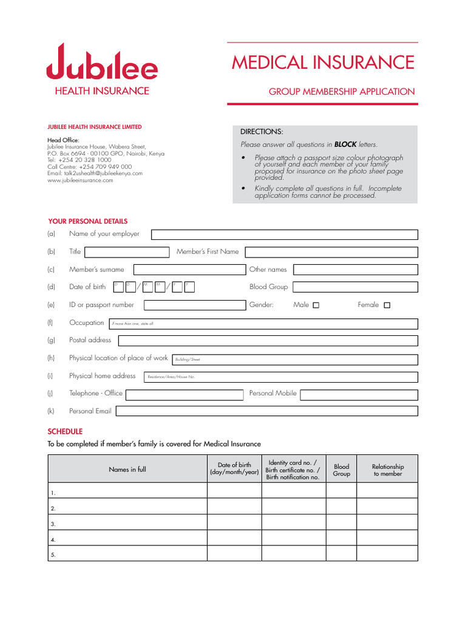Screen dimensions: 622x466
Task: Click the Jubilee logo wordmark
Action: click(102, 63)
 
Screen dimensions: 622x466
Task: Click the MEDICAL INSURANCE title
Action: click(323, 63)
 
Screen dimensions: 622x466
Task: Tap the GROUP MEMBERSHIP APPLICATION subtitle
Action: click(342, 92)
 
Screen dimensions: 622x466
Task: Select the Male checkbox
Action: click(316, 306)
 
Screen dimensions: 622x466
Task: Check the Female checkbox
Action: click(387, 306)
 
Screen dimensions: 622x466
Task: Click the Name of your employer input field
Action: click(285, 235)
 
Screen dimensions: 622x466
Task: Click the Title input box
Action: click(130, 252)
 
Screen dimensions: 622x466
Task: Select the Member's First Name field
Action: click(331, 252)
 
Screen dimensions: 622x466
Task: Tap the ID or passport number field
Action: click(194, 305)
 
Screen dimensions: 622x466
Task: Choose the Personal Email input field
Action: click(266, 411)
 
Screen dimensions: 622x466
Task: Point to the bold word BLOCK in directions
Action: click(345, 145)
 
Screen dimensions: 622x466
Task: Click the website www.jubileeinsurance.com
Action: click(80, 180)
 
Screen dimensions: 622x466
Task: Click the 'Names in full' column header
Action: click(127, 470)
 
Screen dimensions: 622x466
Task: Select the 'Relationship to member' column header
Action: click(388, 470)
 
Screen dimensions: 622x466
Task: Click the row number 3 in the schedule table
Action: click(53, 524)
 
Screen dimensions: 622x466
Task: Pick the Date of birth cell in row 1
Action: click(234, 491)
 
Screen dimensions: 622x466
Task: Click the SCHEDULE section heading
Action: click(65, 431)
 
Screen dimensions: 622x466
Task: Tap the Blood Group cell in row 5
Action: click(342, 553)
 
